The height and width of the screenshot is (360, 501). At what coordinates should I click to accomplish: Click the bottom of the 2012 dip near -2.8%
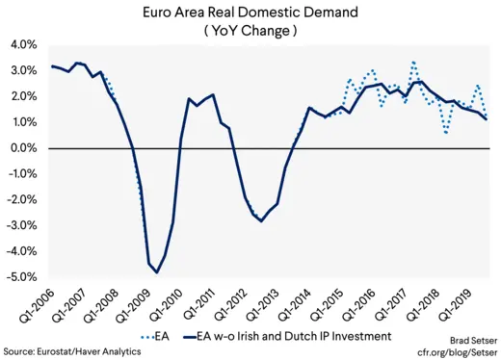[260, 221]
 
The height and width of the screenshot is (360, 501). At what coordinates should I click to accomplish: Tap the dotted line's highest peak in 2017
[413, 62]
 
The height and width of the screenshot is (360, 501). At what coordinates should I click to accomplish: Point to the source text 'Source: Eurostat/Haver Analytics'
[71, 351]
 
